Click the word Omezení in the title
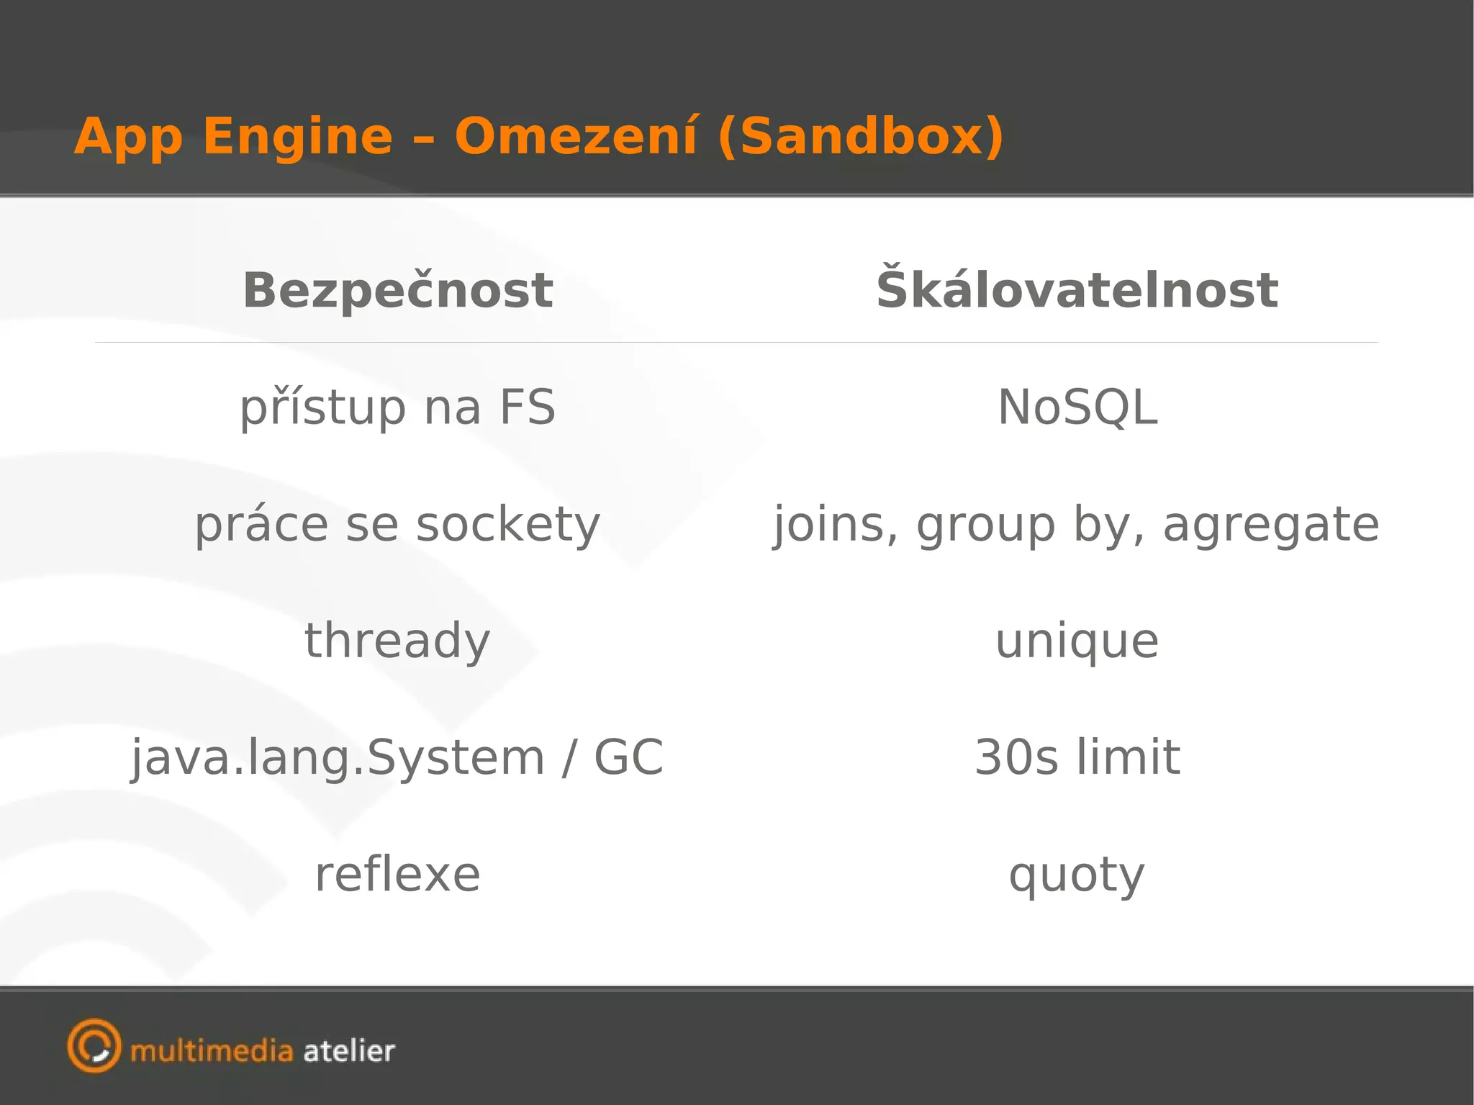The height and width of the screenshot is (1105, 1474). tap(575, 136)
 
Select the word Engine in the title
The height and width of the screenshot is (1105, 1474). tap(298, 137)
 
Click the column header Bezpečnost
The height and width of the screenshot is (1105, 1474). tap(398, 290)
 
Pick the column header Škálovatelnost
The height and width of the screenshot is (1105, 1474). tap(1077, 289)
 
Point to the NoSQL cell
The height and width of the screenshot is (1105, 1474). tap(1077, 407)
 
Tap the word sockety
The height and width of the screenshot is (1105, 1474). tap(508, 525)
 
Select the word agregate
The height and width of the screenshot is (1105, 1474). tap(1271, 525)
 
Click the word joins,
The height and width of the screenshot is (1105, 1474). tap(836, 525)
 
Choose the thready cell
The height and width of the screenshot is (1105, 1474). tap(397, 641)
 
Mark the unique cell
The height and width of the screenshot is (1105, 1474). tap(1077, 641)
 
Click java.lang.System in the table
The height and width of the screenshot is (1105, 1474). tap(338, 758)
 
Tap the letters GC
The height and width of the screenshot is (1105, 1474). tap(628, 757)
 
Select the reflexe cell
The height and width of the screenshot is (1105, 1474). tap(397, 875)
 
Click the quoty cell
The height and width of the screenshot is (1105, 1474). tap(1077, 876)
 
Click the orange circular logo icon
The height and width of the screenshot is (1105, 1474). tap(94, 1046)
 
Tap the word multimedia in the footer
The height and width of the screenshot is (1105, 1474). tap(212, 1052)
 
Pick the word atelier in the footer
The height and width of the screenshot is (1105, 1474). tap(349, 1052)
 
